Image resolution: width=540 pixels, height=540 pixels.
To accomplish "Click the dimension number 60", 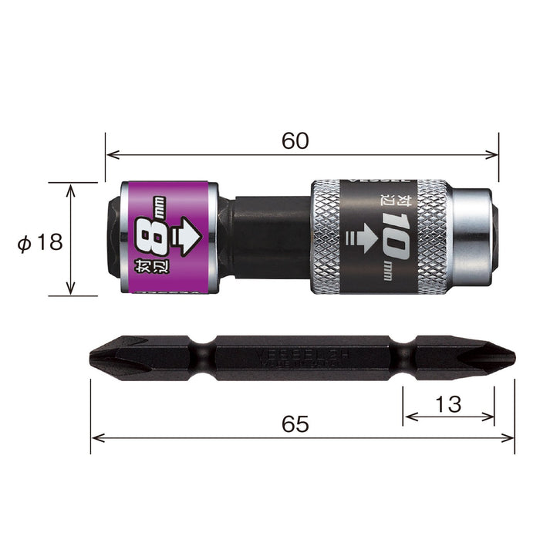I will (x=295, y=140).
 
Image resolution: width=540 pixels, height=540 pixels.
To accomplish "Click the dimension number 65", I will (x=295, y=424).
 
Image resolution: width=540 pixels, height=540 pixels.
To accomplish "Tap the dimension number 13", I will (x=448, y=403).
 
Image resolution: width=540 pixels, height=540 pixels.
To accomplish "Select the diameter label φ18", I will (x=39, y=241).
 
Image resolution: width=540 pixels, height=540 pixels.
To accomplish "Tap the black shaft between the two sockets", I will (x=266, y=238).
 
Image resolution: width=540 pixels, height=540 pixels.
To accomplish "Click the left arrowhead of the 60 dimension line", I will (x=110, y=155).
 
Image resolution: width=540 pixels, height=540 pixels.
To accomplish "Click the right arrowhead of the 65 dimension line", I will (x=509, y=437).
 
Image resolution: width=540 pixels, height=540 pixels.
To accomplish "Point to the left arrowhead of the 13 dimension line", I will (x=407, y=417).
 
